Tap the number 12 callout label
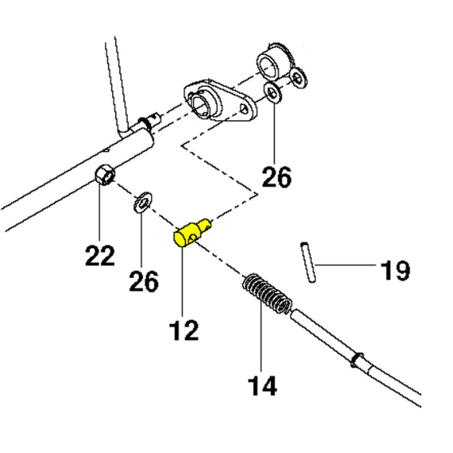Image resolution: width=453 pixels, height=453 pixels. (183, 330)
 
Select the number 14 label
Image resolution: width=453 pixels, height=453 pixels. (262, 386)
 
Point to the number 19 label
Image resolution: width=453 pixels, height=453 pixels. (395, 270)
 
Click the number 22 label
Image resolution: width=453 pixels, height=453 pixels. (100, 256)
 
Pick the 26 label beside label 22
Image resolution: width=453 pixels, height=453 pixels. (144, 281)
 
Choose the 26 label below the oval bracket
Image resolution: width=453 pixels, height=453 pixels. (276, 177)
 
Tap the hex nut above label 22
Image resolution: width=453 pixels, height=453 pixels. (105, 174)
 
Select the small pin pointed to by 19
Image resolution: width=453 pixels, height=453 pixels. (308, 262)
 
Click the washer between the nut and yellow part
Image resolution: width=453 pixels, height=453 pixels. (143, 202)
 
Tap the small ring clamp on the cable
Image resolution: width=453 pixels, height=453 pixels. (358, 360)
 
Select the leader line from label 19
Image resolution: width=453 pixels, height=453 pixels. (346, 265)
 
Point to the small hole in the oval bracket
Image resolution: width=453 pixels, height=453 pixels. (244, 108)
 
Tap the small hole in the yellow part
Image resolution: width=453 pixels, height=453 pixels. (192, 238)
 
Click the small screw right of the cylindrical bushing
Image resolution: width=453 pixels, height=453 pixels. (298, 78)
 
